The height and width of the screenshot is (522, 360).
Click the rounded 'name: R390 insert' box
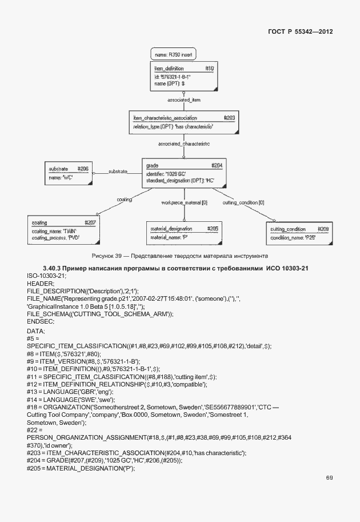pos(174,55)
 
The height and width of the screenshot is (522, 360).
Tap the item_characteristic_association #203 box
pos(183,122)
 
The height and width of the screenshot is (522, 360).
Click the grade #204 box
pos(183,173)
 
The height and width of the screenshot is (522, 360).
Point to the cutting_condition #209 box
pos(299,233)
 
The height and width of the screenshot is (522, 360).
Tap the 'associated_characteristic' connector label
pos(184,144)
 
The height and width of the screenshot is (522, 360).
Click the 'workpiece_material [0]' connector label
pos(184,203)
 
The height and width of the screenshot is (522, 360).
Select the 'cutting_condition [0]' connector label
pos(243,203)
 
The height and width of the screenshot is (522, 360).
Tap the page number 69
pos(329,477)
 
